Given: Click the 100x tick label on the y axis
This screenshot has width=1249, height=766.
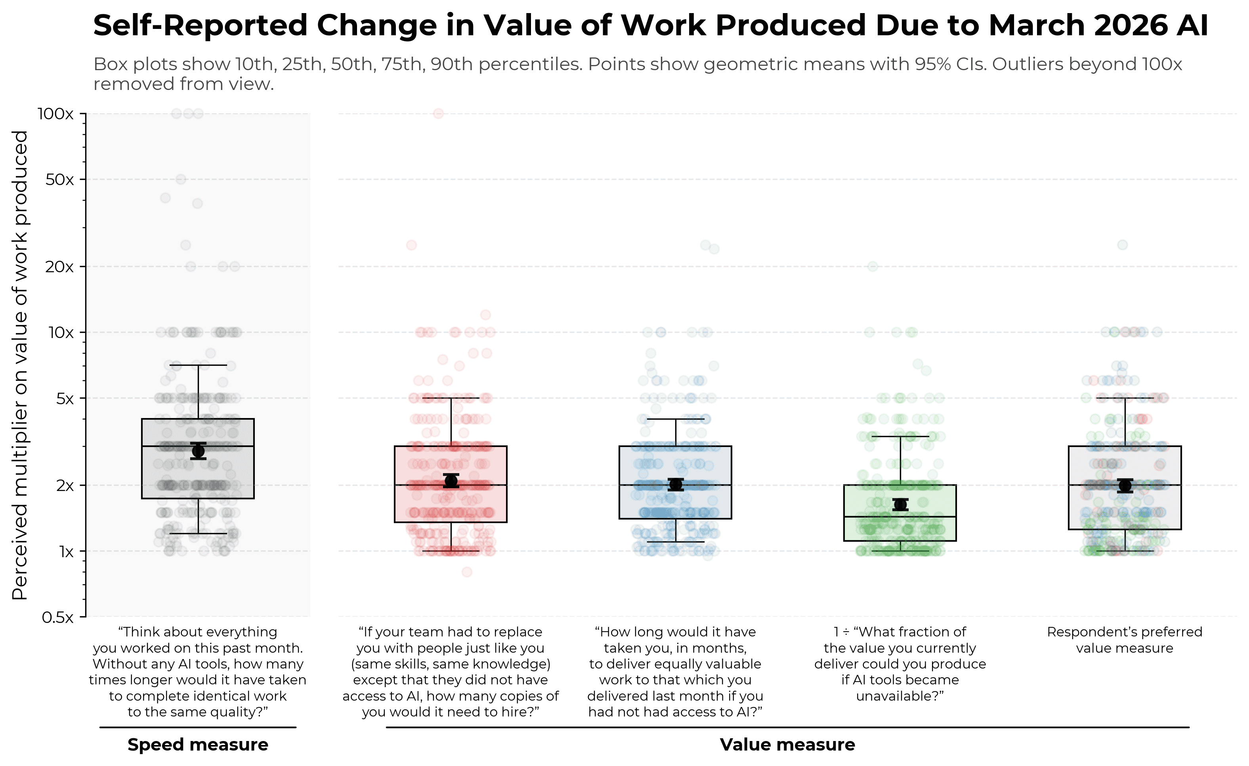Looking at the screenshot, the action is click(x=56, y=114).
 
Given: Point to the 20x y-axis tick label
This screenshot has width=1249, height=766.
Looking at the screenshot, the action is click(x=59, y=267).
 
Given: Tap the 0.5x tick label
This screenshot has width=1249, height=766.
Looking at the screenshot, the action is click(x=58, y=617).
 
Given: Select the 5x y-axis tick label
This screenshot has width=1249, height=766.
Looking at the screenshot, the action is click(x=64, y=399).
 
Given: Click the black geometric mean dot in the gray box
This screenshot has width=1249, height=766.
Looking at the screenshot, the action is click(x=198, y=451).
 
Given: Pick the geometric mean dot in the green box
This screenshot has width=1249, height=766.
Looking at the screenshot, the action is click(x=901, y=504).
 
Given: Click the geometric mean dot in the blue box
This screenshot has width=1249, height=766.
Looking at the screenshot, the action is click(x=676, y=484).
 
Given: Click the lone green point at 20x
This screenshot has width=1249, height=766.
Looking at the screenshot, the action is click(x=873, y=266).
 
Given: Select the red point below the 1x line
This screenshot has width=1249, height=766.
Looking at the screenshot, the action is click(x=467, y=572).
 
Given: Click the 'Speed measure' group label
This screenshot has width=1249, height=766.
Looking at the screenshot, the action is click(x=198, y=744).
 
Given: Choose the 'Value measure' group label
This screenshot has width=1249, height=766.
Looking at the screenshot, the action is click(x=787, y=744).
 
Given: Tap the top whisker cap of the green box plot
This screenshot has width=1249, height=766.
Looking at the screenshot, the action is click(x=901, y=436).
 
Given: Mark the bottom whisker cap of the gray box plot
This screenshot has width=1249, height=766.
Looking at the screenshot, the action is click(x=198, y=534).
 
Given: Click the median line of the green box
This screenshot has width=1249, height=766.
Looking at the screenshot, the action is click(x=900, y=517).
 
